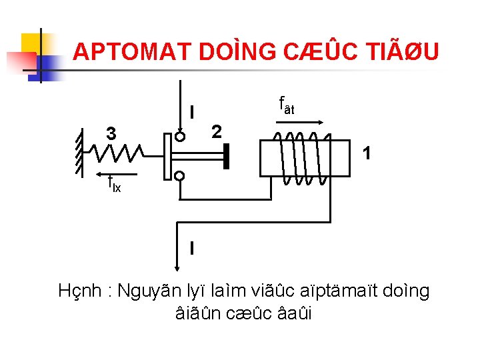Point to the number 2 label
point(215,131)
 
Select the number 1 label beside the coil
point(366,154)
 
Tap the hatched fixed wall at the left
point(79,153)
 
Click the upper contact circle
point(179,137)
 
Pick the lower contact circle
point(179,176)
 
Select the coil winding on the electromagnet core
point(304,158)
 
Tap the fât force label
point(286,105)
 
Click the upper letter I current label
point(192,111)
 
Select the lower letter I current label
point(192,248)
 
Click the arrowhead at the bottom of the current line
point(178,267)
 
